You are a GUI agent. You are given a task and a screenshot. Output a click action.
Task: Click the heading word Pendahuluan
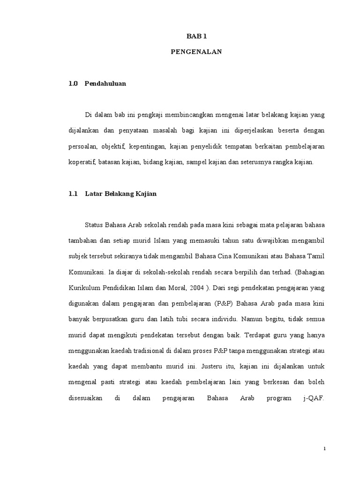point(105,84)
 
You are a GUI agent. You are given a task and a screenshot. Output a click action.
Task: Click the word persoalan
point(82,146)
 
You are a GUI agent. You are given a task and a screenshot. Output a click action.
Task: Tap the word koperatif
point(82,162)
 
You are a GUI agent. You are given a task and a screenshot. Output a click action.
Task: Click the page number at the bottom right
point(324,449)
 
